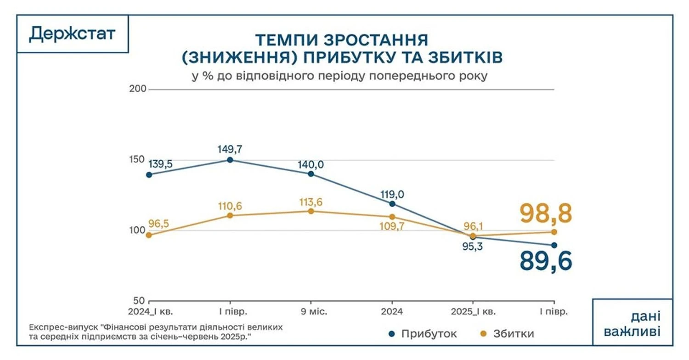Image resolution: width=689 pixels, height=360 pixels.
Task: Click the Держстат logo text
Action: tap(72, 34)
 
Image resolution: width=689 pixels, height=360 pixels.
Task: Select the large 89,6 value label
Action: tap(546, 261)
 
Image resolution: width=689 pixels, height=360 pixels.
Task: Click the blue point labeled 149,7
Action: tap(230, 160)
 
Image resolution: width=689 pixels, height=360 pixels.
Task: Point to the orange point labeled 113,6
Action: tap(311, 211)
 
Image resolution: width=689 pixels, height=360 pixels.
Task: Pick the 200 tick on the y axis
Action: tap(138, 89)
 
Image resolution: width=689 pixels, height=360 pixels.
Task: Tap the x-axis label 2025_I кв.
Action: tap(473, 312)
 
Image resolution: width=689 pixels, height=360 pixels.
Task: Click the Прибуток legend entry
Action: tap(423, 334)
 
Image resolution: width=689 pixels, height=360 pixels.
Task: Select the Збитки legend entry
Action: tap(508, 334)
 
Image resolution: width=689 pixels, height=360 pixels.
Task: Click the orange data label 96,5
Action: tap(159, 224)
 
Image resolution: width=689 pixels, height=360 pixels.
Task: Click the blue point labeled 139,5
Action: tap(149, 174)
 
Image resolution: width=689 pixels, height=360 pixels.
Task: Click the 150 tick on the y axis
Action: tap(138, 160)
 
